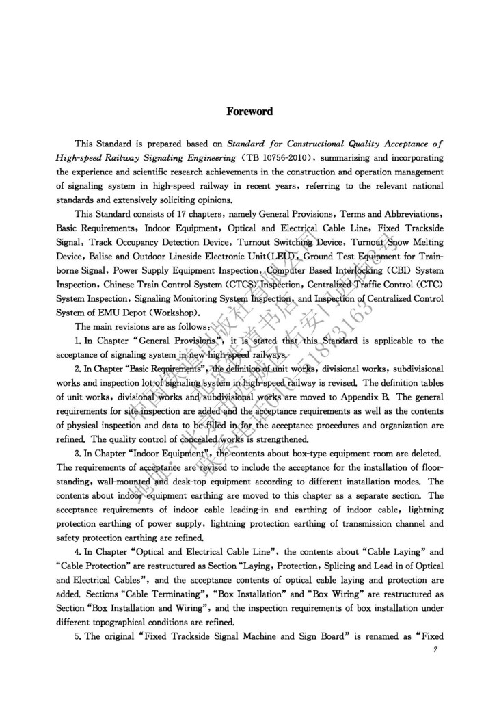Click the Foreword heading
[249, 112]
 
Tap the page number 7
[435, 649]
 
